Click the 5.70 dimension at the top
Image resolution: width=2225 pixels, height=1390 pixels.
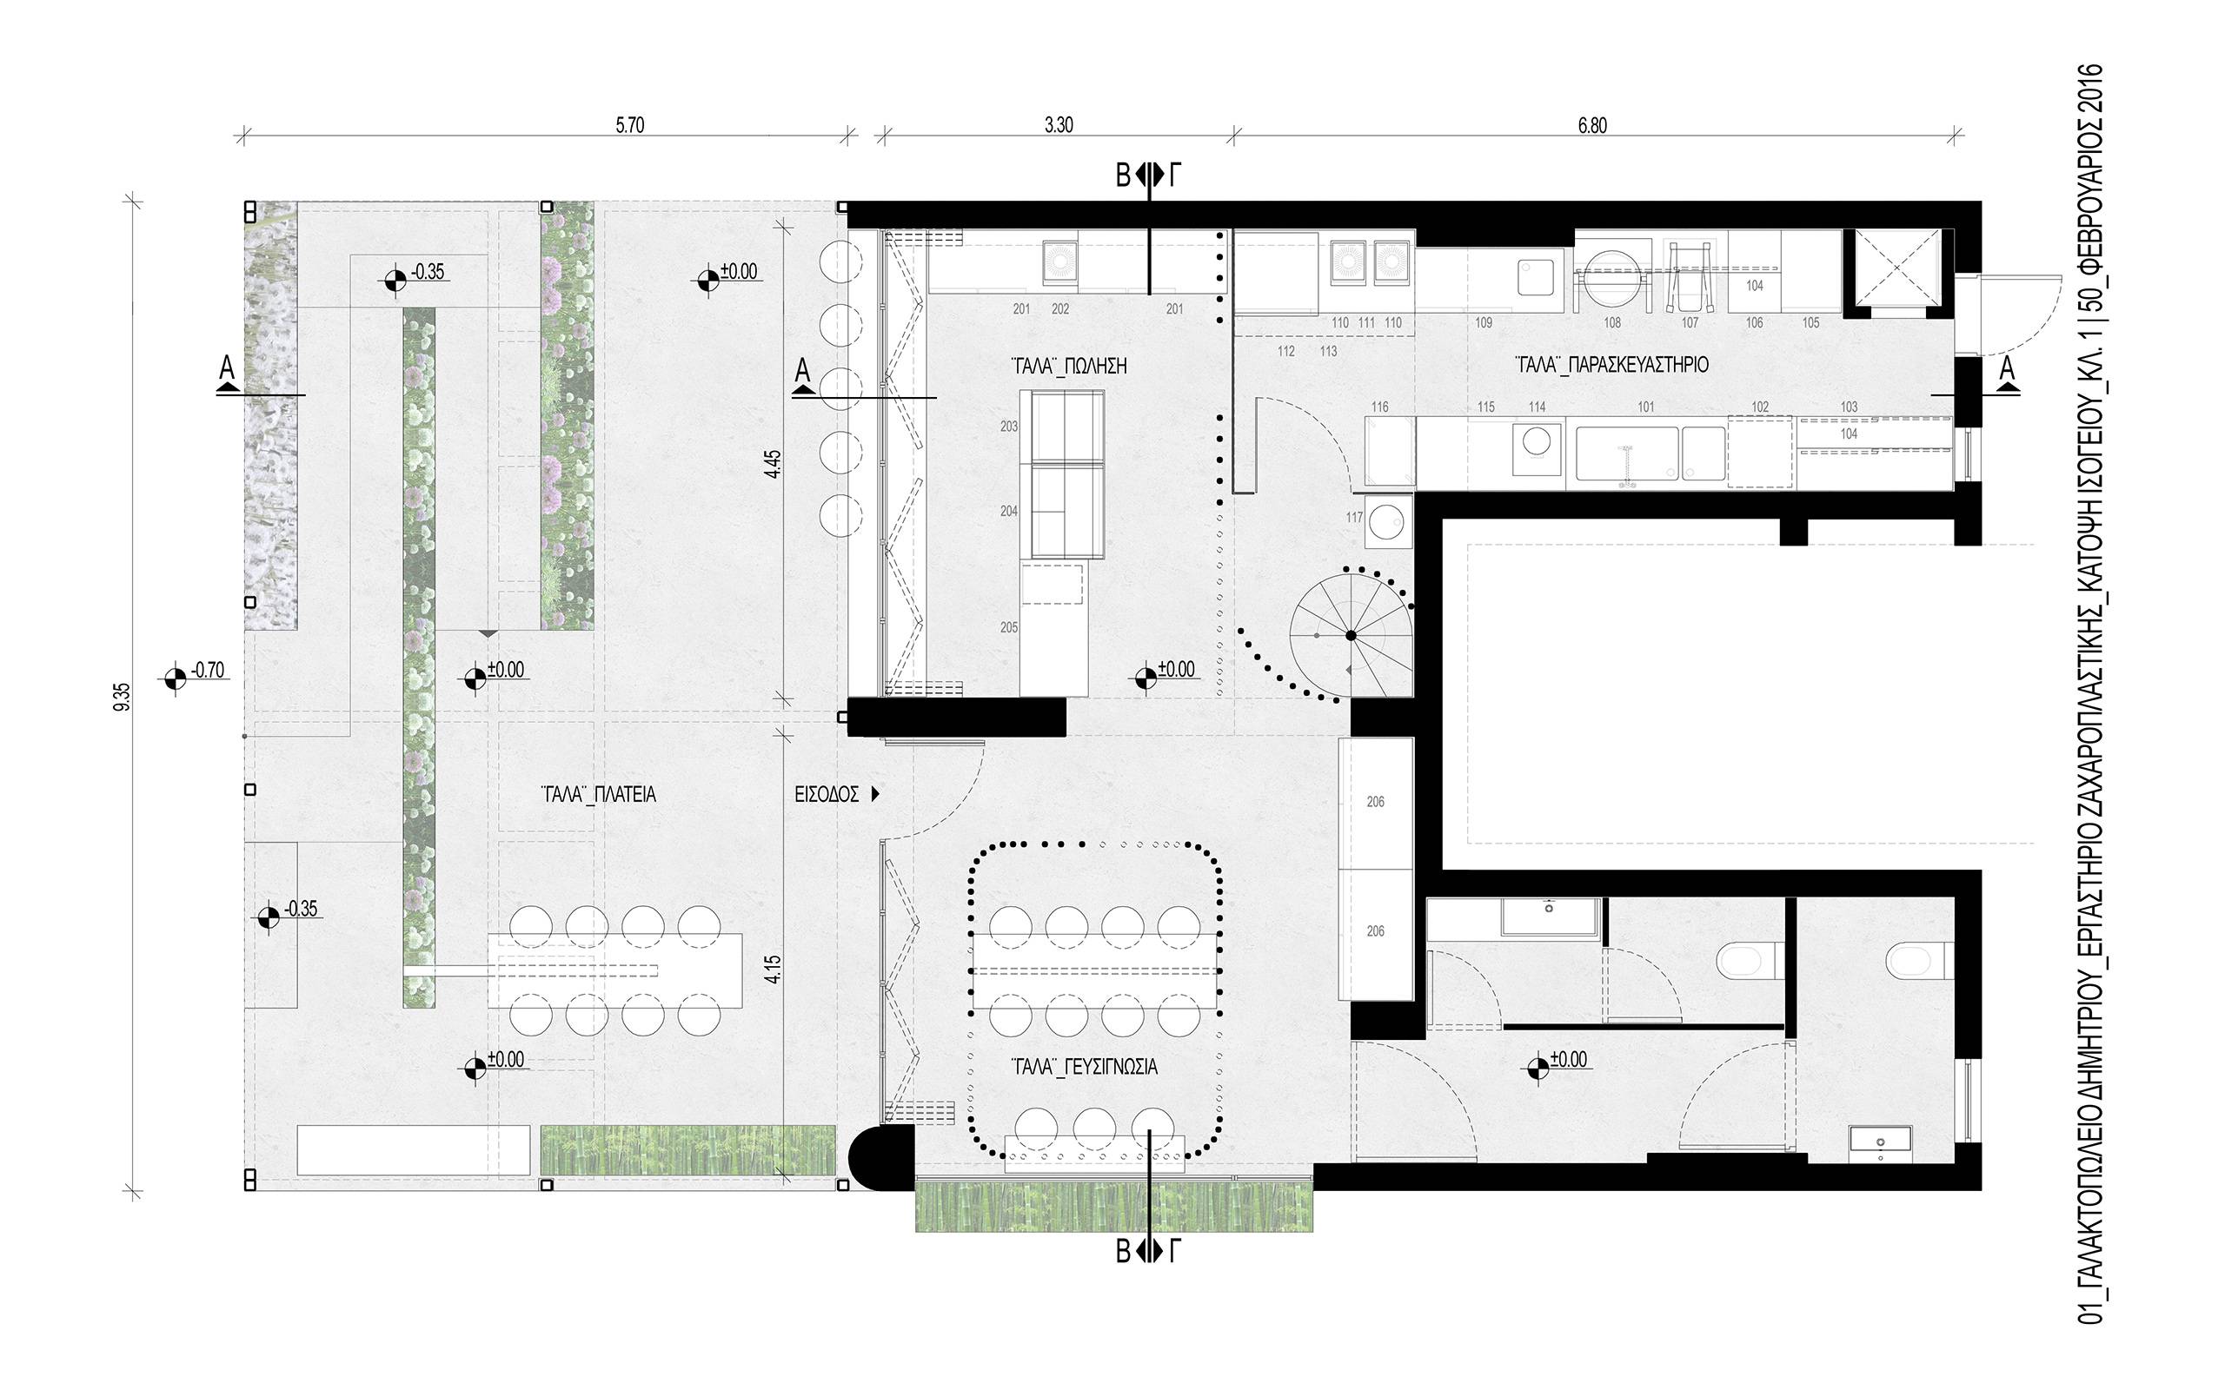click(630, 126)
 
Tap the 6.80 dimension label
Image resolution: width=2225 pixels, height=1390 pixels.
click(1592, 126)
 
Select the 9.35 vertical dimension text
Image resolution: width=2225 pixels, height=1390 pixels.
click(125, 696)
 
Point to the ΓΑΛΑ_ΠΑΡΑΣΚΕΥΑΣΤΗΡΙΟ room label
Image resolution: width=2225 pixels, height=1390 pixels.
click(1611, 365)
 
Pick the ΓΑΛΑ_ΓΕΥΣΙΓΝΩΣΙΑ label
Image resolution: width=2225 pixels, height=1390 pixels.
click(1084, 1067)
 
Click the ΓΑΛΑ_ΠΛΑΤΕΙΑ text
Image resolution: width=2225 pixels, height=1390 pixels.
click(599, 795)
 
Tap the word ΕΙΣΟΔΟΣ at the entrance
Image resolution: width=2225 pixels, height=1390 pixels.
click(827, 794)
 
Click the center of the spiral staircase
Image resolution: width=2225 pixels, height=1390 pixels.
click(1351, 635)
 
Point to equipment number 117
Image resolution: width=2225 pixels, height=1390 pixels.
click(1353, 518)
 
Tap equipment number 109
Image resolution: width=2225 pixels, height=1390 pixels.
click(1483, 322)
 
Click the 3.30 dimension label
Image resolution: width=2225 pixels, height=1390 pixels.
click(1059, 126)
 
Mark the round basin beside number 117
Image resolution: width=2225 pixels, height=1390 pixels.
click(1388, 521)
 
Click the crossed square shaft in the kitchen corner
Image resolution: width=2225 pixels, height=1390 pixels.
click(1895, 271)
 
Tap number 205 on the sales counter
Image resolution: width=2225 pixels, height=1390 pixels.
click(1008, 628)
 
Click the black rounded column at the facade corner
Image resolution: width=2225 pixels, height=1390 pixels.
click(880, 1158)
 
